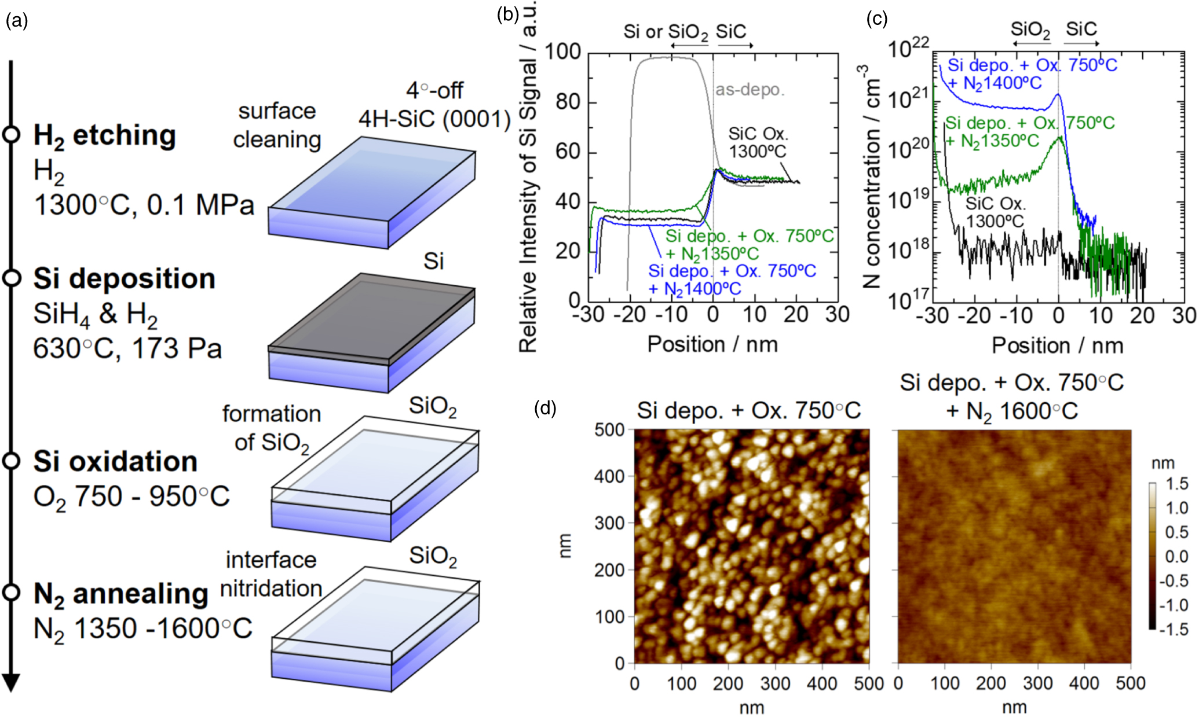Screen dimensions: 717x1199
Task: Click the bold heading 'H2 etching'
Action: [x=104, y=136]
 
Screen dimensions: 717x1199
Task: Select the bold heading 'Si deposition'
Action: [x=124, y=279]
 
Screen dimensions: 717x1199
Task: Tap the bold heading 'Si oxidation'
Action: [x=115, y=462]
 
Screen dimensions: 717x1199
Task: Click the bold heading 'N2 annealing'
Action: [x=120, y=594]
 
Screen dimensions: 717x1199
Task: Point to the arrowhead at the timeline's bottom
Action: [x=11, y=683]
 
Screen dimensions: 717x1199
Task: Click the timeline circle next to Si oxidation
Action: [x=11, y=461]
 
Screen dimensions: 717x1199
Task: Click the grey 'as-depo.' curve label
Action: [x=750, y=90]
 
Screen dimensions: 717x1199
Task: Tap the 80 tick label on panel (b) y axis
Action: [x=568, y=102]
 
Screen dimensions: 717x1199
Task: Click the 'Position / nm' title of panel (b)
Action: [x=712, y=344]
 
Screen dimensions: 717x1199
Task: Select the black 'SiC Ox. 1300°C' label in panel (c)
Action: [x=995, y=212]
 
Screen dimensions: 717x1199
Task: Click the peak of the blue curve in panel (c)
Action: [x=1058, y=95]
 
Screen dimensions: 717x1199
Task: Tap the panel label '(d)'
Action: [x=544, y=408]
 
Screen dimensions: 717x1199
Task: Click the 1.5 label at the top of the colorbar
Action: [x=1176, y=484]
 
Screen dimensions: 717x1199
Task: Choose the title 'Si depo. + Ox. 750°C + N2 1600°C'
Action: [x=1011, y=397]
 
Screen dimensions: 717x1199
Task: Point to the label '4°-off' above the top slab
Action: [x=434, y=90]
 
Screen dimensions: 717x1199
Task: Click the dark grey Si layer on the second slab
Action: [x=371, y=312]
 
